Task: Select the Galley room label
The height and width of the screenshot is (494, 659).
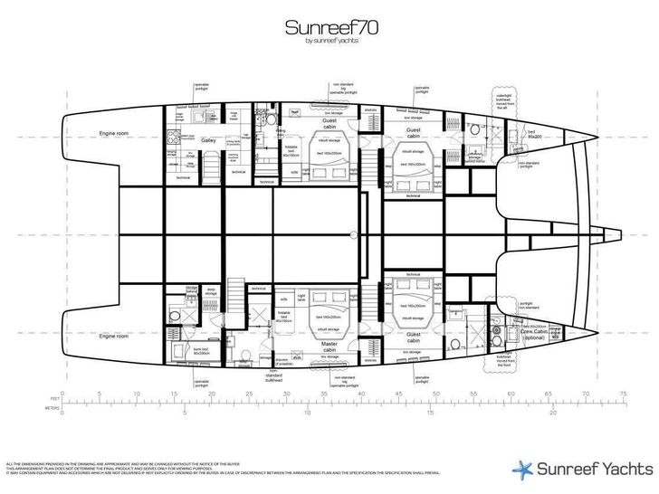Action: [208, 140]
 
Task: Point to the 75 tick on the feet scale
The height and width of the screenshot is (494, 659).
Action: [623, 394]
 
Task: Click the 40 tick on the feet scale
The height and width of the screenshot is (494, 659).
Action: [361, 394]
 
